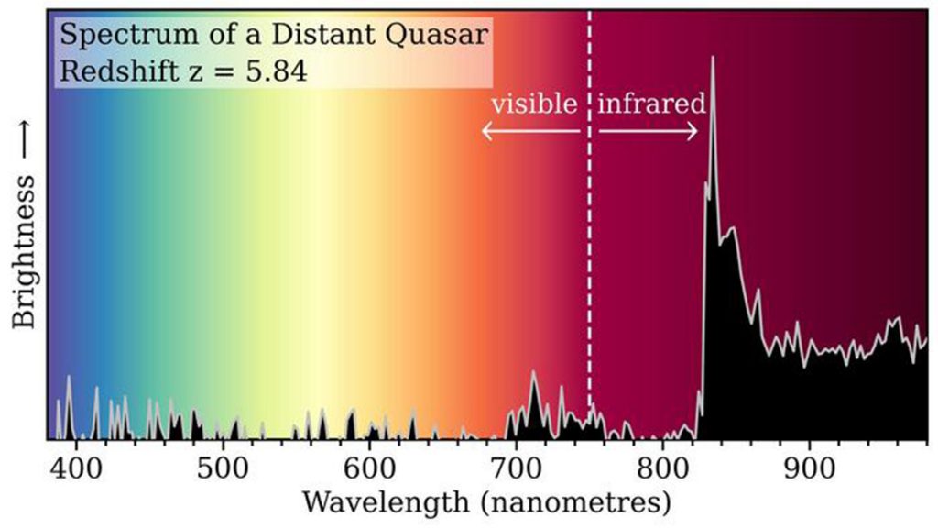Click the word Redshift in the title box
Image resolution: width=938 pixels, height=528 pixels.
pos(115,71)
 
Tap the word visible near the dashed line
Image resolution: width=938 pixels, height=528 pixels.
pos(534,104)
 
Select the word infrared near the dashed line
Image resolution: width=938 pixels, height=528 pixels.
pos(651,104)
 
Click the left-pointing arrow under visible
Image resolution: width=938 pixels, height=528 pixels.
pos(531,132)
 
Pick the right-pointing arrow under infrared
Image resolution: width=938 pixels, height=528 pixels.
pos(649,132)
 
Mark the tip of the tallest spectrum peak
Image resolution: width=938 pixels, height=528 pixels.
pos(713,58)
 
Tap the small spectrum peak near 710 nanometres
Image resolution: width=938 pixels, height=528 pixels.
pos(533,374)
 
